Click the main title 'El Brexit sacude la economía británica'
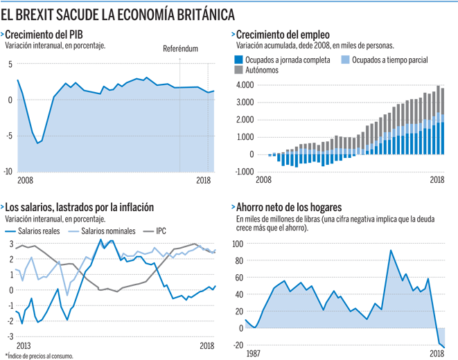click(118, 14)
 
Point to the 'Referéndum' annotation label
click(180, 50)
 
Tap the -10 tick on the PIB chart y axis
click(8, 171)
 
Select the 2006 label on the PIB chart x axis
click(26, 179)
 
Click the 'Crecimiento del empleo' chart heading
click(283, 35)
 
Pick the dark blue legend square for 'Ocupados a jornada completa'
click(240, 60)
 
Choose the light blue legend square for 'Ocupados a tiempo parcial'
click(346, 60)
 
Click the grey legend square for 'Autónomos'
click(240, 70)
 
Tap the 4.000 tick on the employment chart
click(245, 85)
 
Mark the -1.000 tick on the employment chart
click(244, 170)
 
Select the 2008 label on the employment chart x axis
click(264, 179)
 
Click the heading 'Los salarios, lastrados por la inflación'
click(80, 207)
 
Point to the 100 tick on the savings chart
click(237, 244)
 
